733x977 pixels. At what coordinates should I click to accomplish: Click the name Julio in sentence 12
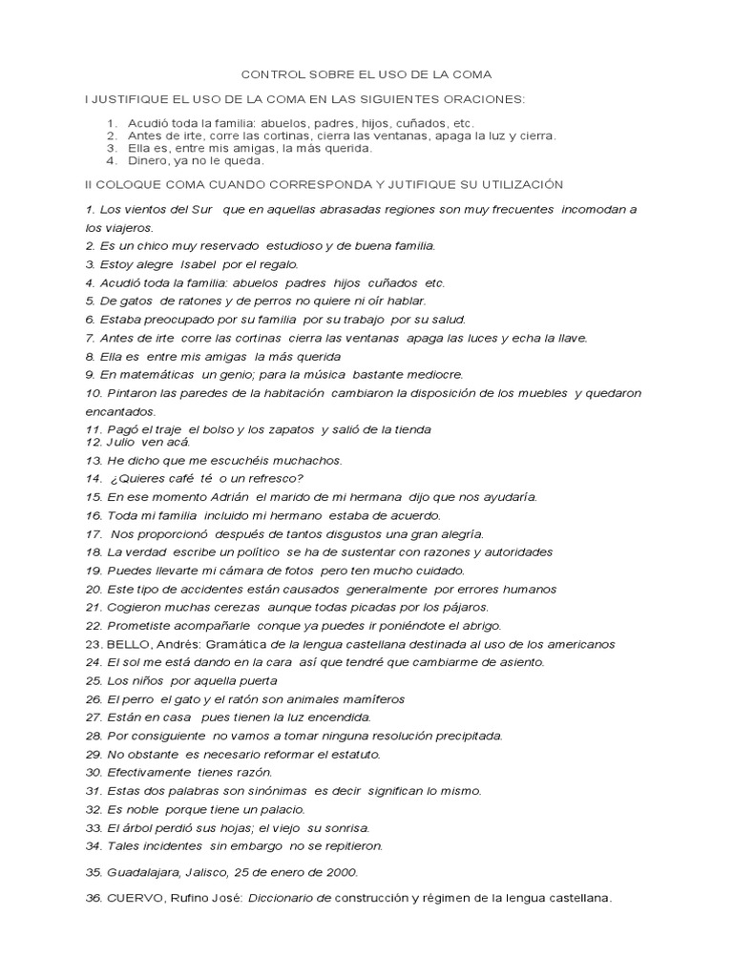[x=122, y=442]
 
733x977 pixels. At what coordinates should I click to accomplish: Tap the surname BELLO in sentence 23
[x=129, y=644]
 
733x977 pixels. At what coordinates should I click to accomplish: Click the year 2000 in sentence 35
[x=338, y=872]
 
